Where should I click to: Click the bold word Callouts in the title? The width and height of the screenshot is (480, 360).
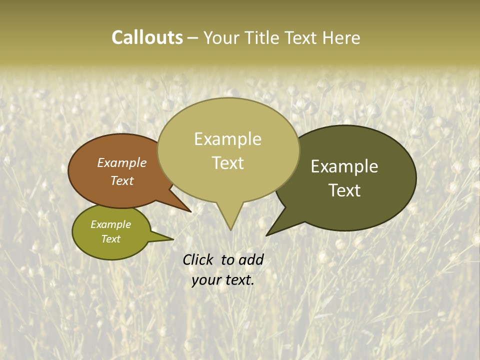[x=147, y=37]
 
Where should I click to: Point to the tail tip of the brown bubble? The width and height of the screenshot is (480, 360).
[x=190, y=211]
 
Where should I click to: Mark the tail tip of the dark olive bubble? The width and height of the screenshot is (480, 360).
[x=267, y=235]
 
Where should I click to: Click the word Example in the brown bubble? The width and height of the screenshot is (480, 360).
[x=121, y=163]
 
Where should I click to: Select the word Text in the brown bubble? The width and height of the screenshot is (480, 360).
[x=121, y=180]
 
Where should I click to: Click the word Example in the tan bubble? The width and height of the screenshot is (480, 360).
[x=227, y=138]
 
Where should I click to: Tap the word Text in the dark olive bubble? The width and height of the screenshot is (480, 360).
[x=344, y=190]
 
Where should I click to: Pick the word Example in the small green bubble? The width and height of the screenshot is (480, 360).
[x=110, y=224]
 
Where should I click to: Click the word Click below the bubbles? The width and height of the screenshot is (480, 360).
[x=198, y=259]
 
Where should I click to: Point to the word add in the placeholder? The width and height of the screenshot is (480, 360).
[x=250, y=259]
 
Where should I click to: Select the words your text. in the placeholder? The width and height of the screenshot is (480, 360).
[x=222, y=280]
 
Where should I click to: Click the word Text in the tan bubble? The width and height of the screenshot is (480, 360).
[x=228, y=163]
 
